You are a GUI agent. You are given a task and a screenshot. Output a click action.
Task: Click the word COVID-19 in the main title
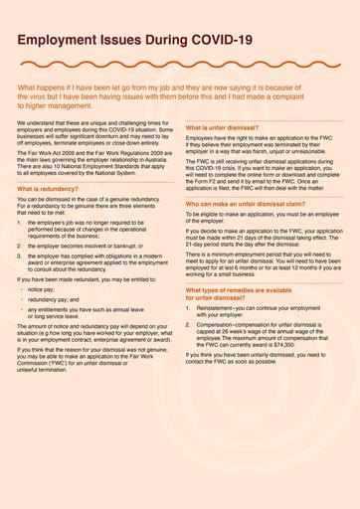click(x=218, y=39)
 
